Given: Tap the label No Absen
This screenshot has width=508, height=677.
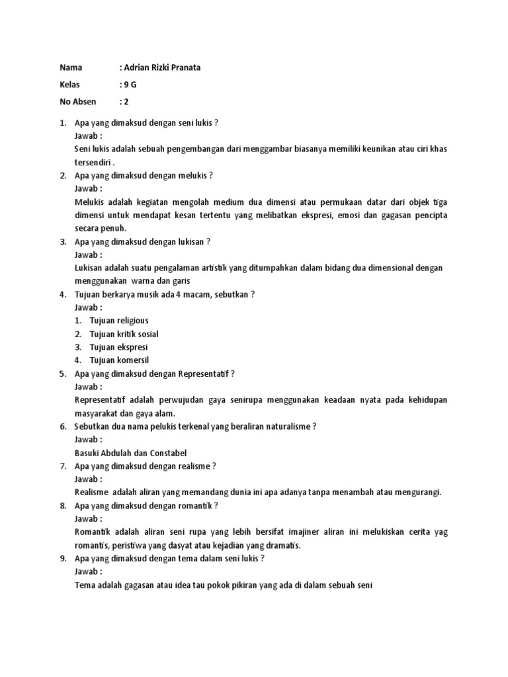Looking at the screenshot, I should tap(78, 102).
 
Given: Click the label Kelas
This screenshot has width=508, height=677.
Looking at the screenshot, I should tap(69, 85).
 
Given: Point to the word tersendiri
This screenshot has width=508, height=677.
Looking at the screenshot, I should tap(93, 162).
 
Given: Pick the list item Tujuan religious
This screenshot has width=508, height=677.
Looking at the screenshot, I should tap(119, 321).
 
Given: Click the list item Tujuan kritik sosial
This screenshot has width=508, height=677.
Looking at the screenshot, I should tap(124, 334).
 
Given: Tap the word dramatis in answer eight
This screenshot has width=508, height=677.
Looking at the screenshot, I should tap(282, 545).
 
